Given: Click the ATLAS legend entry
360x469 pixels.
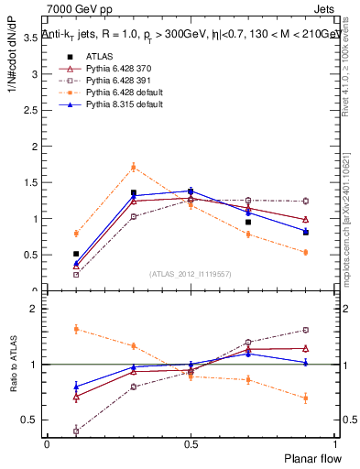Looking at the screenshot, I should point(98,56).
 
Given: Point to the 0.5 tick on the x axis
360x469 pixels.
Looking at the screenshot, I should point(191,444).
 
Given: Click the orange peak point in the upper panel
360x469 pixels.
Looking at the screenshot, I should point(133,167).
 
